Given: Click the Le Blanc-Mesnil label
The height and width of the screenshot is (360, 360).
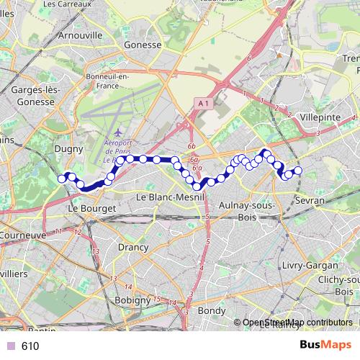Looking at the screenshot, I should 171,197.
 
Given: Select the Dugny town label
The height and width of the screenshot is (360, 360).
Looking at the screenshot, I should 69,149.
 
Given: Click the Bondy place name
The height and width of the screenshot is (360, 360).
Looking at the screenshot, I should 211,311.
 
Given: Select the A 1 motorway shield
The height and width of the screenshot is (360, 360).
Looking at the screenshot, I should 203,104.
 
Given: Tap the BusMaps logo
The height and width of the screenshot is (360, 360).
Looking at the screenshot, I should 326,346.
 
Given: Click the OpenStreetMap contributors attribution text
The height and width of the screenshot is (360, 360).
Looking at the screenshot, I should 297,323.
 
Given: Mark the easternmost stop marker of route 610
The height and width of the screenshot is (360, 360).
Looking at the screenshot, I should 297,171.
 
